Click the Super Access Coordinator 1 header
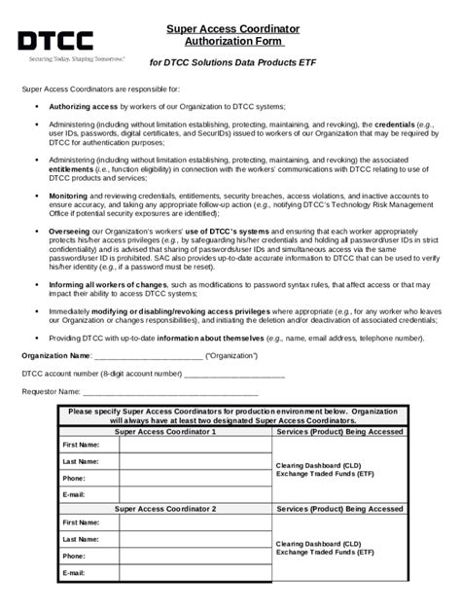coord(165,430)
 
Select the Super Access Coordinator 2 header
coord(165,509)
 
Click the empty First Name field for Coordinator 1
coord(195,445)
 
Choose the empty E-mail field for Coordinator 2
coord(195,573)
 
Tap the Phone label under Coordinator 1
coord(74,479)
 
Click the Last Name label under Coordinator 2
coord(80,539)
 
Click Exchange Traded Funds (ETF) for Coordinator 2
coord(325,552)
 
